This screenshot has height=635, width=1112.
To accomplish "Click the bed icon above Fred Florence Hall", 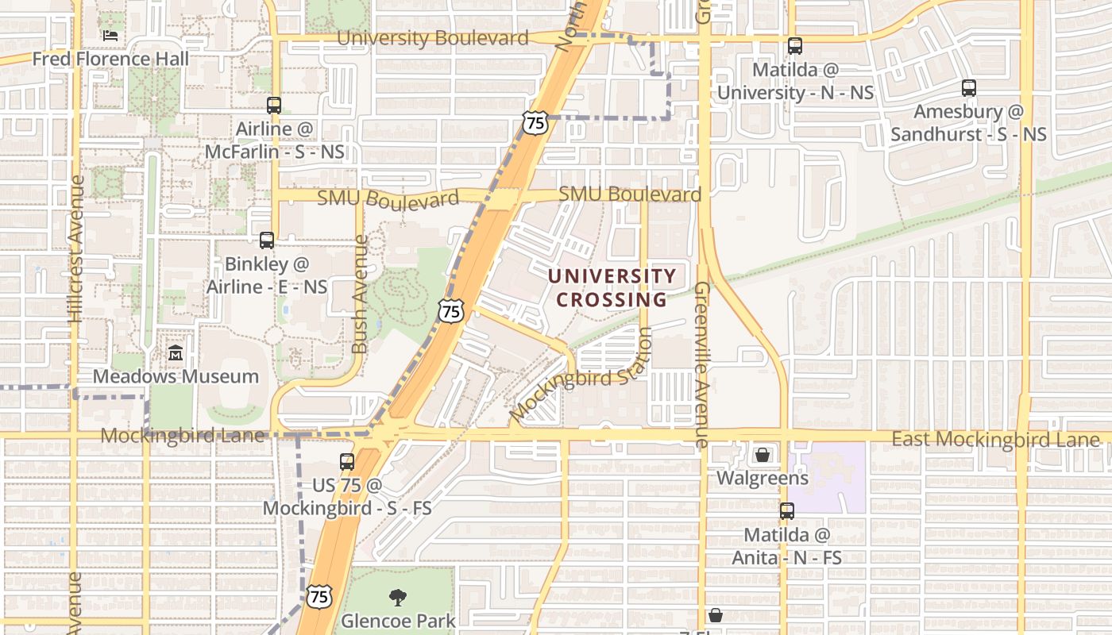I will click(x=110, y=36).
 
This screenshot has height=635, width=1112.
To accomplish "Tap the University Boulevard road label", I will click(x=432, y=38).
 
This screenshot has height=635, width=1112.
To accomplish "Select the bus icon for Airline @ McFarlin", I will click(x=274, y=105).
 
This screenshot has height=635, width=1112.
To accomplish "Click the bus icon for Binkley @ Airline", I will click(x=267, y=240).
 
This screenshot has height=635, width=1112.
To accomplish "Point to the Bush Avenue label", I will click(x=360, y=294).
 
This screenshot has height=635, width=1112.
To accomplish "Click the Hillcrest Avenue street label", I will click(x=76, y=248).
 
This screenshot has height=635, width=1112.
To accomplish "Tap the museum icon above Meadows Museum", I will click(x=176, y=352).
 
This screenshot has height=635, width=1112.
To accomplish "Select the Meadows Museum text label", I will click(x=176, y=376).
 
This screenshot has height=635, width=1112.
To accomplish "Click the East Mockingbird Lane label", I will click(x=995, y=440).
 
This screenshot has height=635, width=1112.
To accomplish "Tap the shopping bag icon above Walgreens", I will click(x=763, y=455).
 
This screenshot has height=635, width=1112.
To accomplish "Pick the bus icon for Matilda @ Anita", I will click(x=787, y=511).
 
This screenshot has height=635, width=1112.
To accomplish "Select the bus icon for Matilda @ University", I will click(x=795, y=46).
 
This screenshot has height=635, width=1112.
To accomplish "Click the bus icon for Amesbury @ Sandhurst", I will click(x=969, y=88).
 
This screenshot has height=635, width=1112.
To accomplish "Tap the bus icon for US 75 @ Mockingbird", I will click(x=347, y=461).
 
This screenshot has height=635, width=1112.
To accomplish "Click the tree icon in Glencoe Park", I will click(x=398, y=598).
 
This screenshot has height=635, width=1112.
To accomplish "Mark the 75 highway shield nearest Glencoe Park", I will click(x=319, y=597).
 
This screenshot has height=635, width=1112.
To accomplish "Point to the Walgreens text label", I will click(x=763, y=479).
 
